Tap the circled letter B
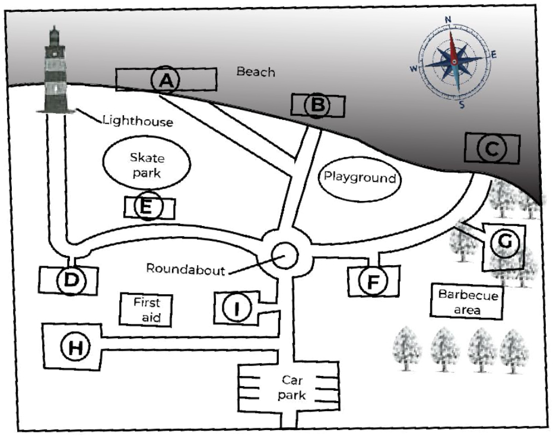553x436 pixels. point(317,106)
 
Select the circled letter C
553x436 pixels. point(492,149)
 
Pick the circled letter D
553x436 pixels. point(71,280)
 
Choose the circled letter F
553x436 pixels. point(373,281)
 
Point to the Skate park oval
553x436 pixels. point(147,166)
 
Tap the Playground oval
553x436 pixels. point(358,177)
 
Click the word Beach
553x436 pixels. point(256,72)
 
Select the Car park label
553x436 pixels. point(293,388)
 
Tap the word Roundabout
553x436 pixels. point(186,269)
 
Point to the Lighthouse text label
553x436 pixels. point(138,122)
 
